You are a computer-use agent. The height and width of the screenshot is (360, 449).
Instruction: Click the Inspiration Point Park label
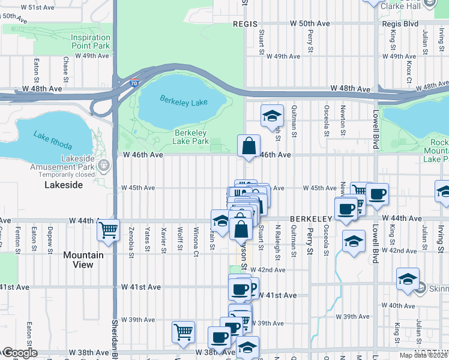tap(91, 41)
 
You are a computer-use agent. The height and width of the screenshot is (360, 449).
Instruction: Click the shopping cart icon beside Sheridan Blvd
tap(109, 229)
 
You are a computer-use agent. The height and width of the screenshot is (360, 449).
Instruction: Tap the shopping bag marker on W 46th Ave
tap(249, 145)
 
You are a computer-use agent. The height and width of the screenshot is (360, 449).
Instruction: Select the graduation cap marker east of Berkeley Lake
tap(272, 116)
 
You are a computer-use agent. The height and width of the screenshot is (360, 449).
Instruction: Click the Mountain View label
tap(83, 260)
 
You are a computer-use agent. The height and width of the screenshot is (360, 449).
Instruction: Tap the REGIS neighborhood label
tap(245, 24)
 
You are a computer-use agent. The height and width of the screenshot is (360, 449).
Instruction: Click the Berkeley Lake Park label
tap(190, 137)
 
